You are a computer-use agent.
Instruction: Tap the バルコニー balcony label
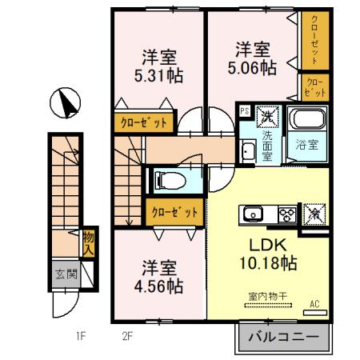283,336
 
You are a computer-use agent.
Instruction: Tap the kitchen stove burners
286,214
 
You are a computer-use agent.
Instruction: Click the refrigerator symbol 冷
314,214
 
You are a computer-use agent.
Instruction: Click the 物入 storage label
89,242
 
